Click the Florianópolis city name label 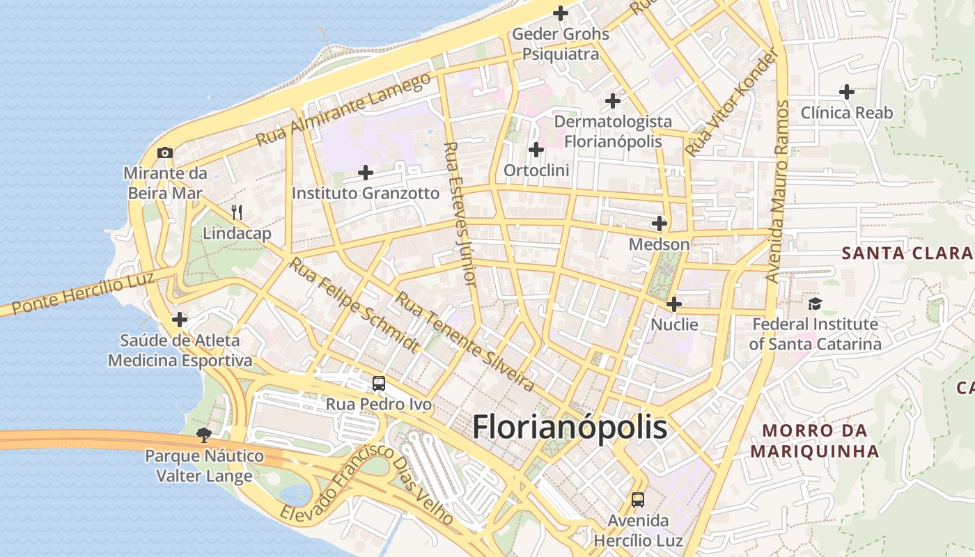point(570,427)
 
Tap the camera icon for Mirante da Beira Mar point(165,152)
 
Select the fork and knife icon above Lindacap point(237,212)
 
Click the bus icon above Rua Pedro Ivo point(378,383)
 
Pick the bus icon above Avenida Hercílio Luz point(638,499)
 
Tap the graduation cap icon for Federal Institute point(815,304)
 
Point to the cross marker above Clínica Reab point(847,91)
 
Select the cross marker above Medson point(659,223)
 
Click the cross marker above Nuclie point(674,304)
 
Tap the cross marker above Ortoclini point(536,150)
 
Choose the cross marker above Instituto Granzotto point(366,172)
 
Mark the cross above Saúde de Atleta point(180,320)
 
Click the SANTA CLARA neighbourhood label point(907,253)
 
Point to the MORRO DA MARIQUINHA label point(815,441)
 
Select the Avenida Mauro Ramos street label point(777,191)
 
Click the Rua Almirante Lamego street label point(344,109)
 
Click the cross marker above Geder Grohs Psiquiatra point(561,13)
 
